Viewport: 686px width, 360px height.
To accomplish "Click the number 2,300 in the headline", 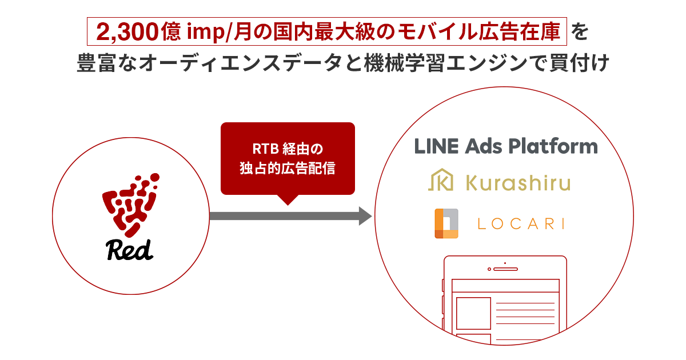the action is pyautogui.click(x=127, y=32).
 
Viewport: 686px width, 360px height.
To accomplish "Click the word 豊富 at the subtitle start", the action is pyautogui.click(x=96, y=63).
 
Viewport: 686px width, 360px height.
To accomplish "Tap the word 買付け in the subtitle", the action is pyautogui.click(x=579, y=63).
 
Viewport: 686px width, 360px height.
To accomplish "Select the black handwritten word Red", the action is pyautogui.click(x=129, y=250).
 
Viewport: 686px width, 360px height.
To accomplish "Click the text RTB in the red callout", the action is pyautogui.click(x=265, y=149).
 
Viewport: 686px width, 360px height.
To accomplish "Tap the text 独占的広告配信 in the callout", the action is pyautogui.click(x=287, y=168).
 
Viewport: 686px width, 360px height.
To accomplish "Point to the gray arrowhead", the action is pyautogui.click(x=365, y=216).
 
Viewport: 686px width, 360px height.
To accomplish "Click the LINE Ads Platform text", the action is pyautogui.click(x=506, y=146).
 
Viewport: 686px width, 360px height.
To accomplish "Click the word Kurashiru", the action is pyautogui.click(x=518, y=183).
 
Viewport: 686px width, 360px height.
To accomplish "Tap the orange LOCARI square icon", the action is pyautogui.click(x=446, y=223).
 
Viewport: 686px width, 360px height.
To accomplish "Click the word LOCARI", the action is pyautogui.click(x=521, y=224).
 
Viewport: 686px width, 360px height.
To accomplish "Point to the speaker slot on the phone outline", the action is pyautogui.click(x=505, y=269).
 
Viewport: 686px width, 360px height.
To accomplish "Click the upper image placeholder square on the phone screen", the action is pyautogui.click(x=473, y=313).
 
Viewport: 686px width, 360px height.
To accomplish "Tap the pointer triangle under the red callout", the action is pyautogui.click(x=288, y=199).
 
